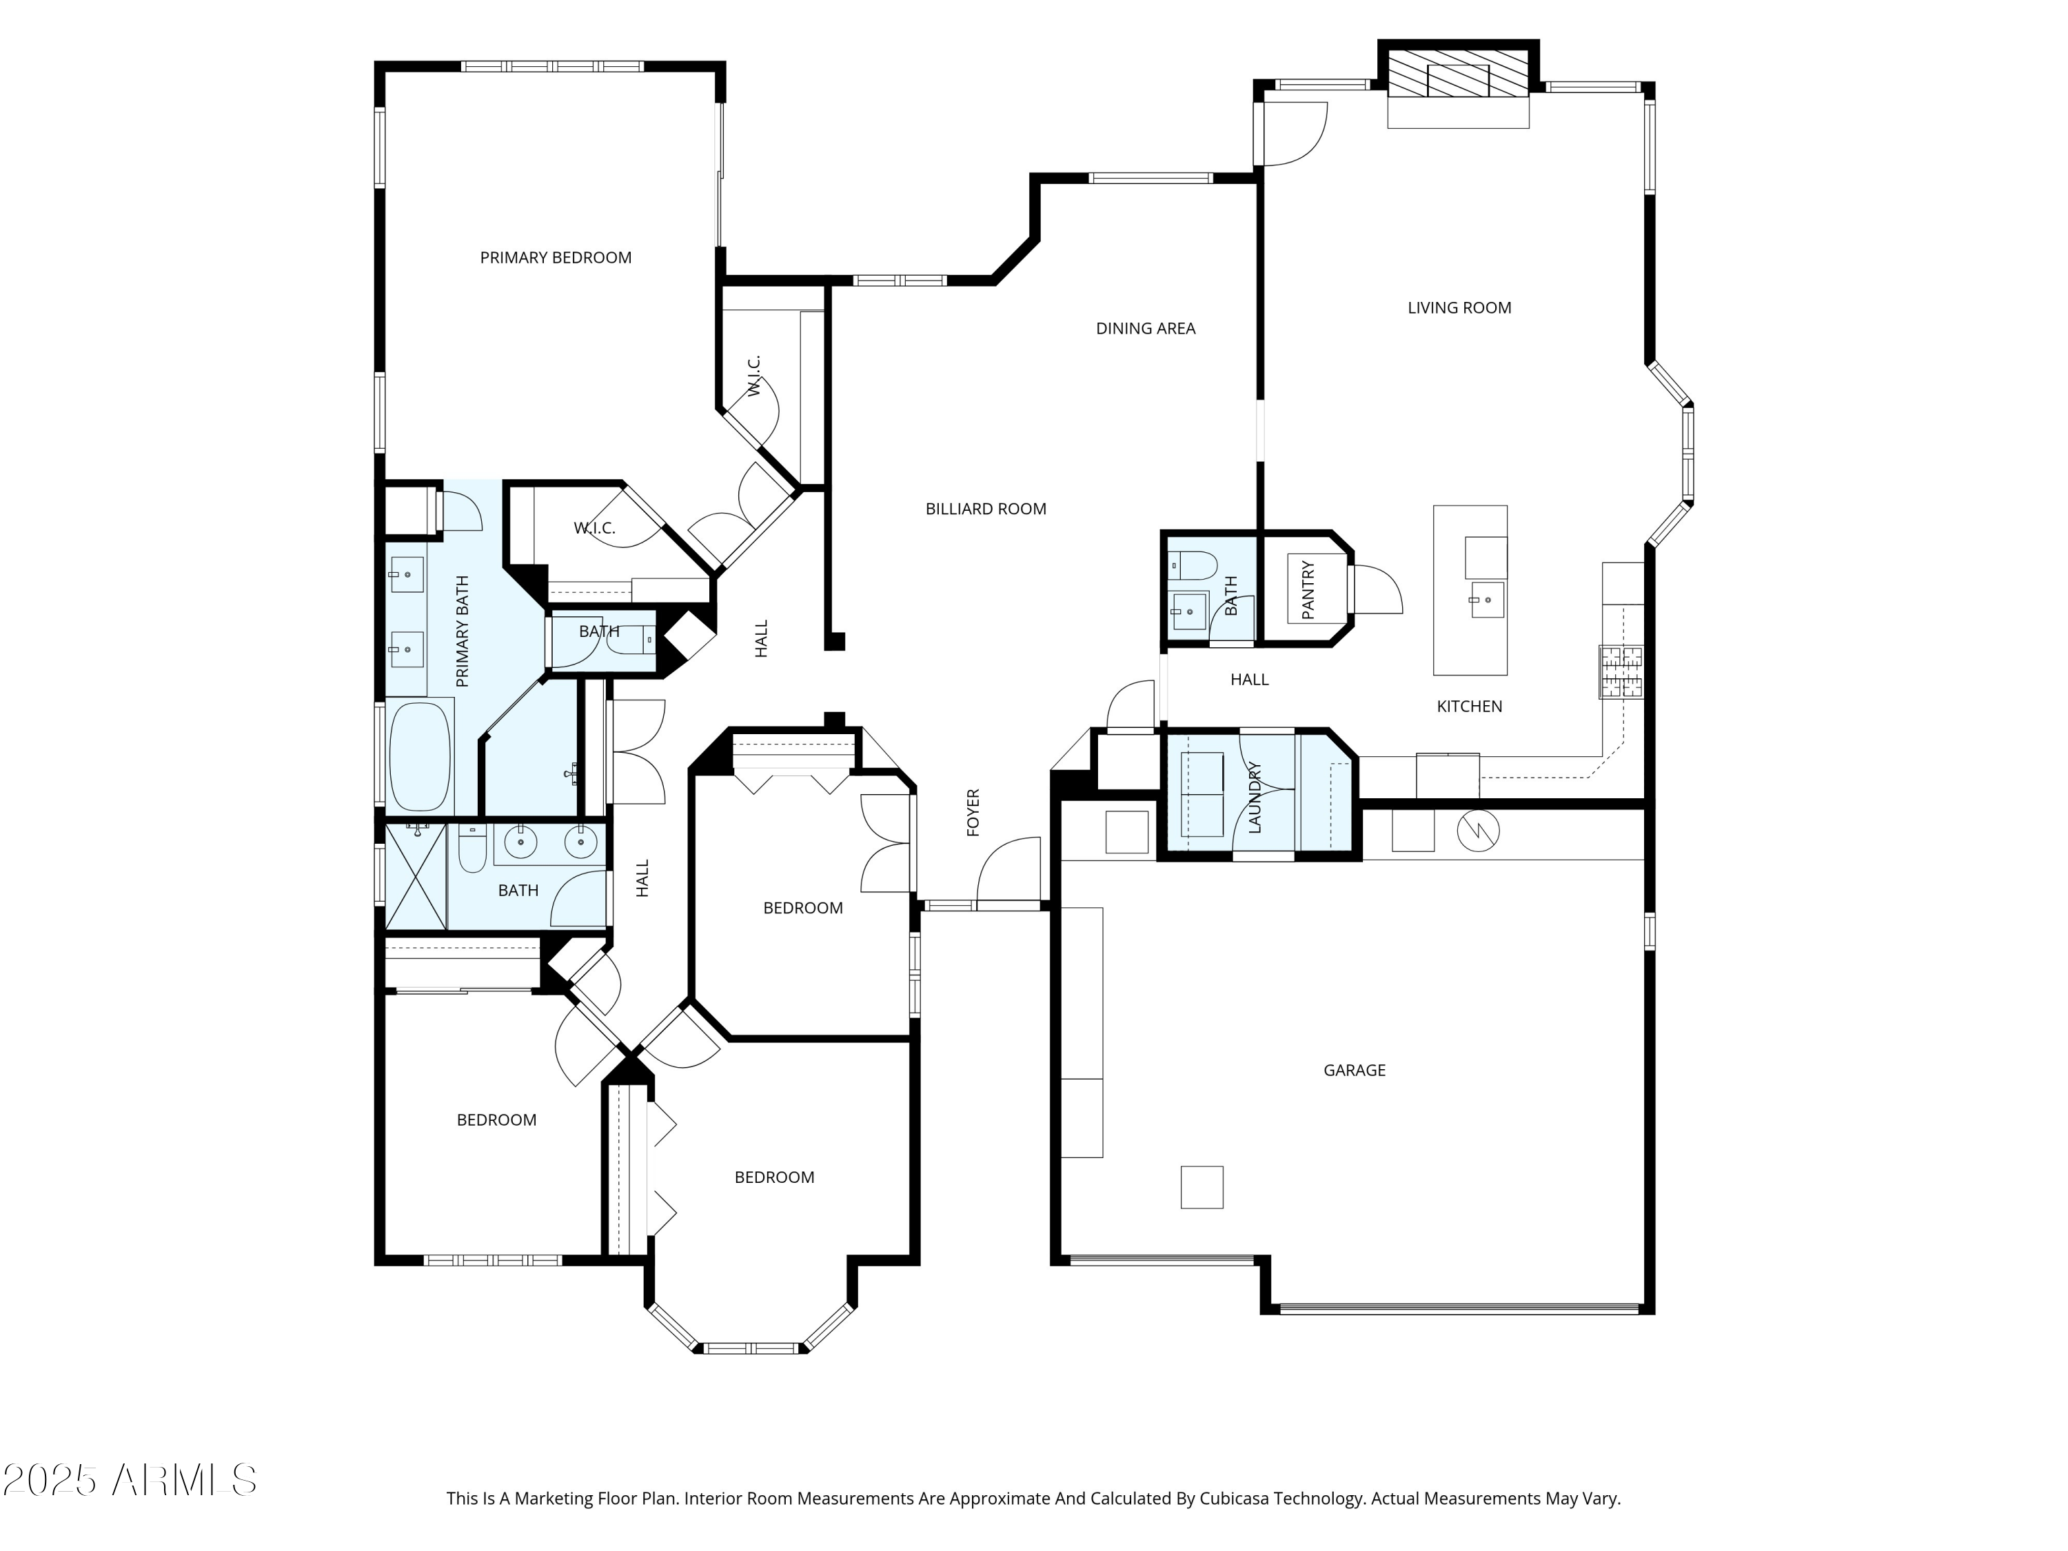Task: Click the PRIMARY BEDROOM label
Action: click(556, 258)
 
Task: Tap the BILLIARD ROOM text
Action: click(985, 509)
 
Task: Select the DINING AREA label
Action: click(1145, 329)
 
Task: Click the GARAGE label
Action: click(1354, 1071)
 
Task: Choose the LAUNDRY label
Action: click(1255, 798)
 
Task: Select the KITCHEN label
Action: click(1469, 707)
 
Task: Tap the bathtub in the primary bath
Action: click(420, 758)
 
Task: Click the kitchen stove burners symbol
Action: click(1620, 672)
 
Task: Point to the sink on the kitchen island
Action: click(1486, 598)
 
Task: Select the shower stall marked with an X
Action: click(415, 876)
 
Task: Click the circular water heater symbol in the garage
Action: click(1478, 830)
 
